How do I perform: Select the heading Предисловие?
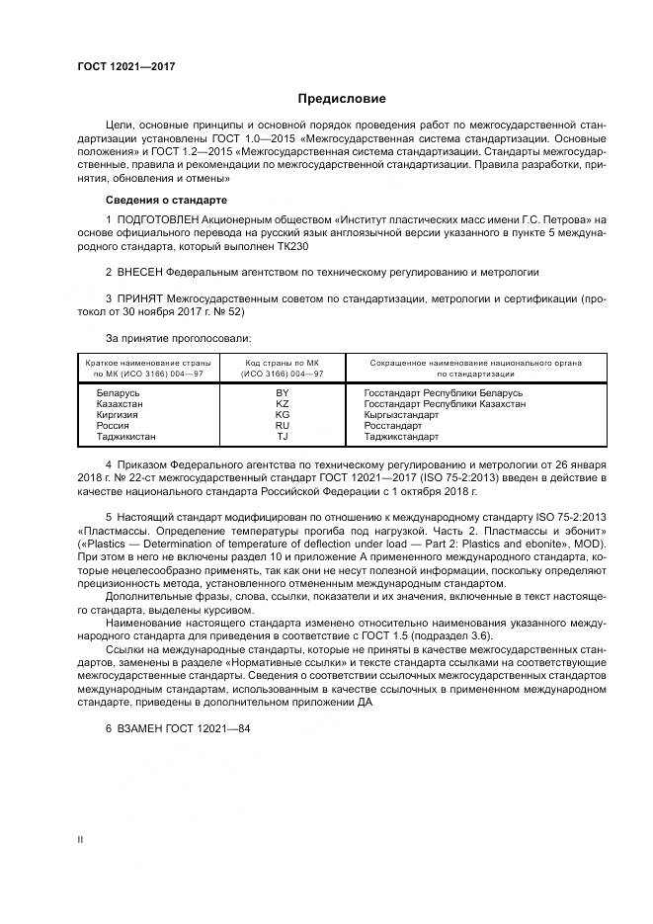[342, 99]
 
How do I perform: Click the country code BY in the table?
[282, 392]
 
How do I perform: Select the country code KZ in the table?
[282, 403]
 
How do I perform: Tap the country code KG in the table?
[282, 414]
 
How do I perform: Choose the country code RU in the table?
[282, 425]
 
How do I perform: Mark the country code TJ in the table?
[282, 436]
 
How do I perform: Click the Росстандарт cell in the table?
[394, 425]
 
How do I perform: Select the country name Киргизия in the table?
[116, 414]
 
